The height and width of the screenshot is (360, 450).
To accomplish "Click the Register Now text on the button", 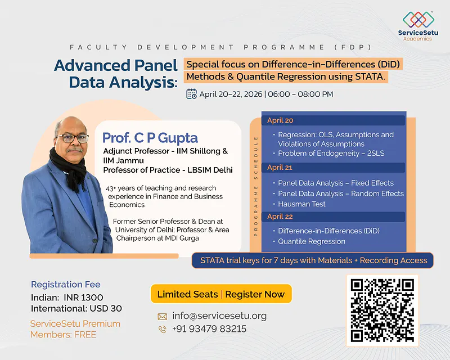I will [255, 294].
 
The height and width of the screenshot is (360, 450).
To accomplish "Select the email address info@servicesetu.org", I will [219, 316].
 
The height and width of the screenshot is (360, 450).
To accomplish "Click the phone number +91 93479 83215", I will [209, 329].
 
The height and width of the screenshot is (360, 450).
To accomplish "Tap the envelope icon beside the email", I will [163, 316].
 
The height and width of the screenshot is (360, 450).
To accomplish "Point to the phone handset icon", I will [163, 330].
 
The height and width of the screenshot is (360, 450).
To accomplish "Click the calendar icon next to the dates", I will [191, 94].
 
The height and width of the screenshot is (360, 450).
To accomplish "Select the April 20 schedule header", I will [280, 120].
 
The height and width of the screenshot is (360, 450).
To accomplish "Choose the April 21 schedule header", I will [280, 168].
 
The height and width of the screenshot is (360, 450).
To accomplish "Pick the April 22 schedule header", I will [280, 217].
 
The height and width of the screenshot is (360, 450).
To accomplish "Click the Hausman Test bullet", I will [301, 204].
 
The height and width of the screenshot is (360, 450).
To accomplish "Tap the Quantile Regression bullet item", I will [312, 241].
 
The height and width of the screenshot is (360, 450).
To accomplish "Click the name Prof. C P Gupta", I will [150, 138].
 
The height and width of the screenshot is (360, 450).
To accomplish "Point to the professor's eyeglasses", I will [73, 138].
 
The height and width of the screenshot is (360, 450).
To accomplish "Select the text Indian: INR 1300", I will [67, 297].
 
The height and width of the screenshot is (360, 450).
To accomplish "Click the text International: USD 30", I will [76, 308].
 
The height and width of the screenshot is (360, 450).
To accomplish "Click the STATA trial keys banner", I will [314, 260].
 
